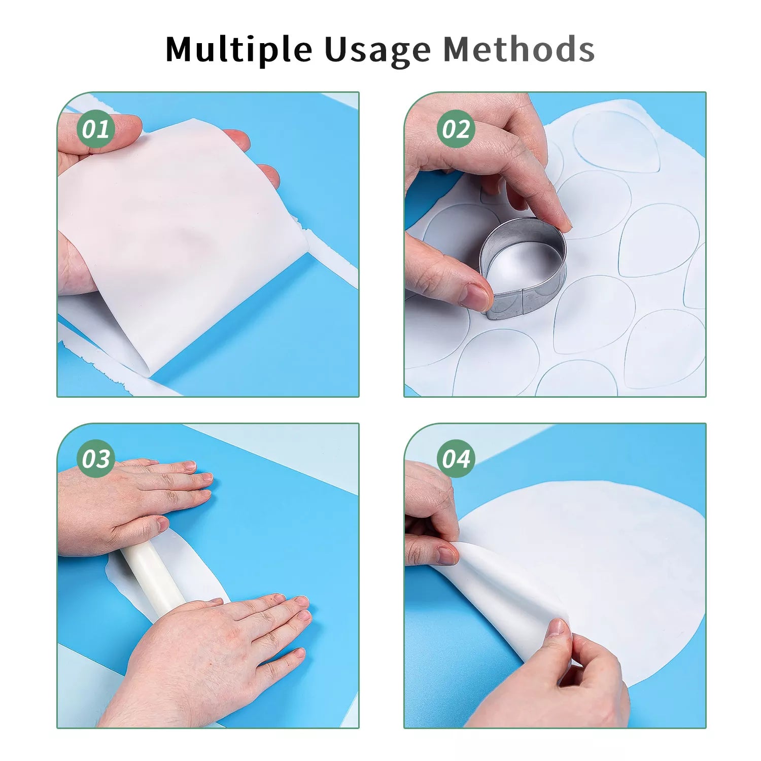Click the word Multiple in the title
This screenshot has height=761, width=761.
point(238,49)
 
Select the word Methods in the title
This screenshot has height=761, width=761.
point(518,49)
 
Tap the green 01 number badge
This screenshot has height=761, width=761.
point(96,129)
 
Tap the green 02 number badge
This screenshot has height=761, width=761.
point(456,129)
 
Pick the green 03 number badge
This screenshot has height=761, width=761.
point(96,459)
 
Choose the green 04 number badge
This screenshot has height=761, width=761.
point(456,459)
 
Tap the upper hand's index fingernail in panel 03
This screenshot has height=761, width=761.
point(205,477)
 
